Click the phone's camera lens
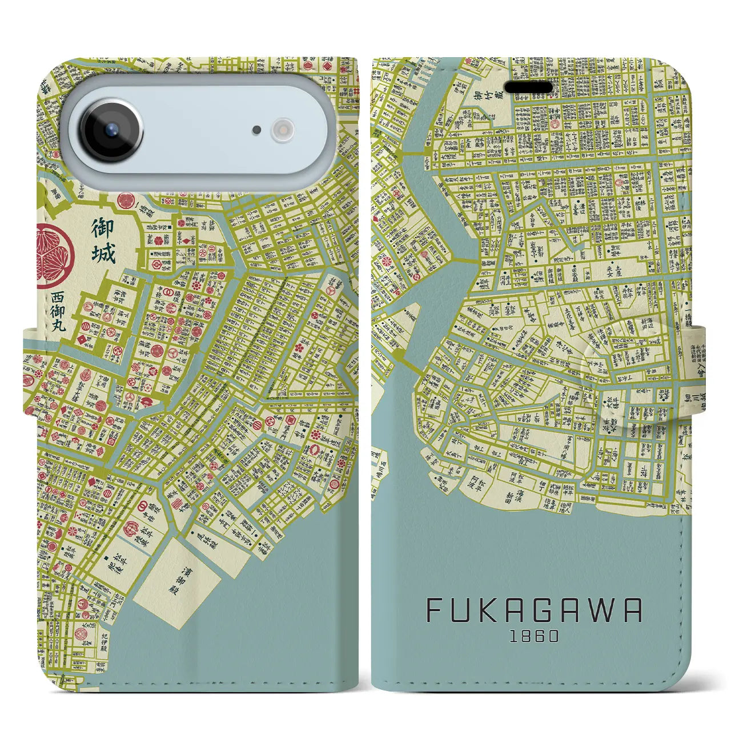(x=111, y=130)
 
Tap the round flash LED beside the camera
(x=283, y=130)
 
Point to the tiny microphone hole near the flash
(x=258, y=130)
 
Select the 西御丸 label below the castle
(x=58, y=312)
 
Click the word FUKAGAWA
(x=534, y=611)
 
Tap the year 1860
(x=534, y=636)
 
